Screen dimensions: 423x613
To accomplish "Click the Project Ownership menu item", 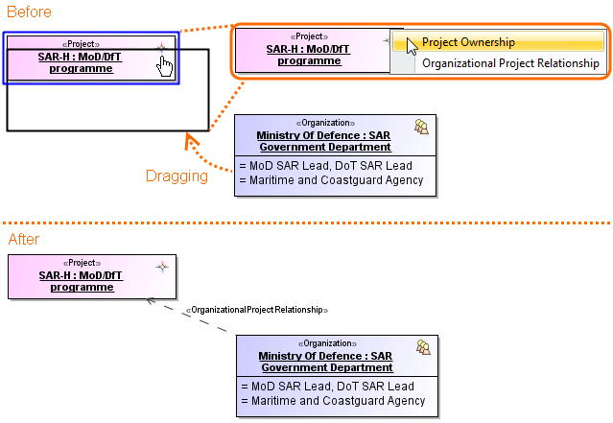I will point(468,42).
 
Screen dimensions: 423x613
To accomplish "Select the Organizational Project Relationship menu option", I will point(510,63).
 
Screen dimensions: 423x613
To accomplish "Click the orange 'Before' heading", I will point(30,12).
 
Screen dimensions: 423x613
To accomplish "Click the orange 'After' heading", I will point(24,239).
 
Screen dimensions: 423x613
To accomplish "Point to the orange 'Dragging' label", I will point(177,176).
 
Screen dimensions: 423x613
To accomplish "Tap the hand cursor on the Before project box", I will point(165,65).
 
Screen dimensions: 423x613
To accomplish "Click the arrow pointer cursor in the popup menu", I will point(412,45).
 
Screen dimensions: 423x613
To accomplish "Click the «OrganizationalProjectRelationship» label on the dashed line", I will point(257,310).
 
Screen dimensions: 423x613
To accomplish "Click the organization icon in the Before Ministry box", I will point(420,126).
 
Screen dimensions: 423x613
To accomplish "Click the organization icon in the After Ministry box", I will point(422,345).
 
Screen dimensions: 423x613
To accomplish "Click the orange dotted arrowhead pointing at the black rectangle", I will point(190,142).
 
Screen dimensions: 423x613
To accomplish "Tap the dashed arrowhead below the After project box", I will point(151,300).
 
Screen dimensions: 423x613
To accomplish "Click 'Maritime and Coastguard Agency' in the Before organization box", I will point(331,180).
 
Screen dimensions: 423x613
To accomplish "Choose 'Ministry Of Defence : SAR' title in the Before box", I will point(323,135).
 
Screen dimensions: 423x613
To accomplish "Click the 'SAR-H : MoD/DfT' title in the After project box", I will point(81,275).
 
